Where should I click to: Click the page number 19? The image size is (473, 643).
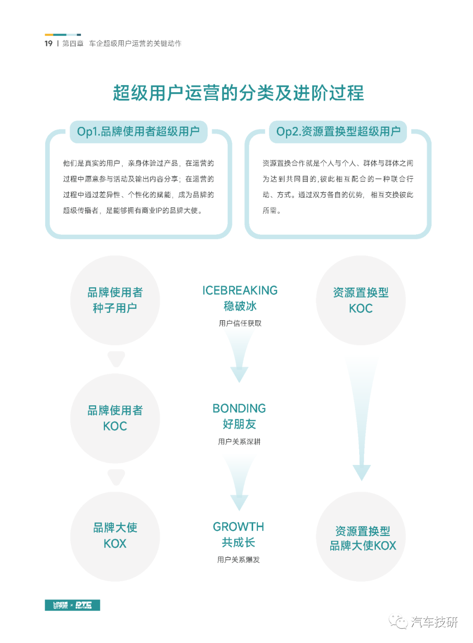[x=49, y=43]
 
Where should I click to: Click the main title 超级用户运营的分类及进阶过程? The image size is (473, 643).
[x=239, y=93]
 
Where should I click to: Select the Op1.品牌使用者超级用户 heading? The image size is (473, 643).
[x=138, y=132]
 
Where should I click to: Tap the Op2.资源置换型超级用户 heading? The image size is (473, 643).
[x=338, y=132]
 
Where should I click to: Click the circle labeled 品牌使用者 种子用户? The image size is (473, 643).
[x=115, y=300]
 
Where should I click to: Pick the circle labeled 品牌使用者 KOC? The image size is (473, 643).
[x=115, y=418]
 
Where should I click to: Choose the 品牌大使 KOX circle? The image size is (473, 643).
[x=115, y=536]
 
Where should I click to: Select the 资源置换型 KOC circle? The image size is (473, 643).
[x=360, y=300]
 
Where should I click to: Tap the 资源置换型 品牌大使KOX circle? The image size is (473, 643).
[x=360, y=536]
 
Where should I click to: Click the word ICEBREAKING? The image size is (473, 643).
[x=240, y=290]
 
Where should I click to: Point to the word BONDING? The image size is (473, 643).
[x=239, y=408]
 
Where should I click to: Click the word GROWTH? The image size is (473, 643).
[x=238, y=527]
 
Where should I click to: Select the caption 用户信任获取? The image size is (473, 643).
[x=240, y=324]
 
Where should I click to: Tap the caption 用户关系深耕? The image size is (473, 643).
[x=239, y=442]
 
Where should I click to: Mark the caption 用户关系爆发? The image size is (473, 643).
[x=238, y=560]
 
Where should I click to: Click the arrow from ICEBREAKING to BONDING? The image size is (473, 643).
[x=239, y=356]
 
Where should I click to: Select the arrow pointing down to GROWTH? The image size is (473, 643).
[x=239, y=484]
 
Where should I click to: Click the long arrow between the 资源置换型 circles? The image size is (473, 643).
[x=361, y=419]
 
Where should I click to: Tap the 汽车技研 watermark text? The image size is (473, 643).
[x=434, y=622]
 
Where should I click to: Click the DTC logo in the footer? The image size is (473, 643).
[x=83, y=605]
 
